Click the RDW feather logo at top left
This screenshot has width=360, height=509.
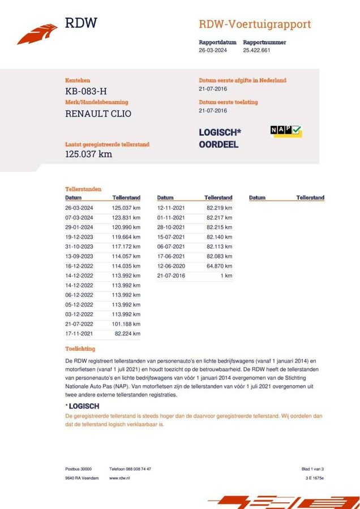click(x=37, y=33)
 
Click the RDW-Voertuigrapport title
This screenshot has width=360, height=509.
click(x=254, y=24)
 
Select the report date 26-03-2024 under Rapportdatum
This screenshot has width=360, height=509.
click(x=213, y=50)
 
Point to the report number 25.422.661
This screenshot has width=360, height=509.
click(x=256, y=50)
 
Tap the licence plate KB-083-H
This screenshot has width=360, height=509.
click(x=85, y=91)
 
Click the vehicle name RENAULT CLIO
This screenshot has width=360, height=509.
click(x=98, y=114)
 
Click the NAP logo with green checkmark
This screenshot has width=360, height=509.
click(x=286, y=131)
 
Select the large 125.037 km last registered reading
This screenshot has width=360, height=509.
click(x=88, y=154)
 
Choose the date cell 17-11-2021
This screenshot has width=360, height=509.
click(x=79, y=334)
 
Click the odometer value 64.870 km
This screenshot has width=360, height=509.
click(x=219, y=266)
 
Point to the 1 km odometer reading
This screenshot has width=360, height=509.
click(x=226, y=276)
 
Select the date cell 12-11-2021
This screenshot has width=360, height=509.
click(x=171, y=209)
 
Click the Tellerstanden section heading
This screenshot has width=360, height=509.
click(x=83, y=189)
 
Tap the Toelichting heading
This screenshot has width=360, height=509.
click(x=80, y=349)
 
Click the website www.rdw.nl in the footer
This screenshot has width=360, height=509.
click(x=121, y=478)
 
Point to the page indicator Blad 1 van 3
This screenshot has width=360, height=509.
click(x=312, y=469)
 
